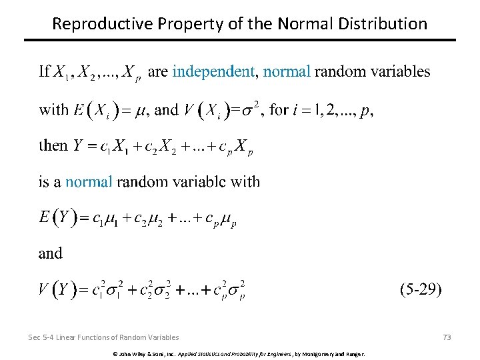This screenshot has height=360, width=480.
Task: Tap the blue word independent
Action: (213, 71)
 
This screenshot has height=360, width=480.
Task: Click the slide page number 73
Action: (447, 337)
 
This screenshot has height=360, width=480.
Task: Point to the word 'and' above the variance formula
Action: (50, 253)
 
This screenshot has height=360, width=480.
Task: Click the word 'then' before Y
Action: (53, 145)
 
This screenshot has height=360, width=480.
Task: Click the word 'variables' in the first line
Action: (403, 71)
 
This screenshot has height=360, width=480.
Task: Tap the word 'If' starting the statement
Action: (44, 71)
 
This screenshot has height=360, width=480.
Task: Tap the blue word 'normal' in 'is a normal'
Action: (89, 181)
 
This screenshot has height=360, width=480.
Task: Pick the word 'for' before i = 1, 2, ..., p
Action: (278, 110)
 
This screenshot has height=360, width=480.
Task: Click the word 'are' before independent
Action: (157, 71)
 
